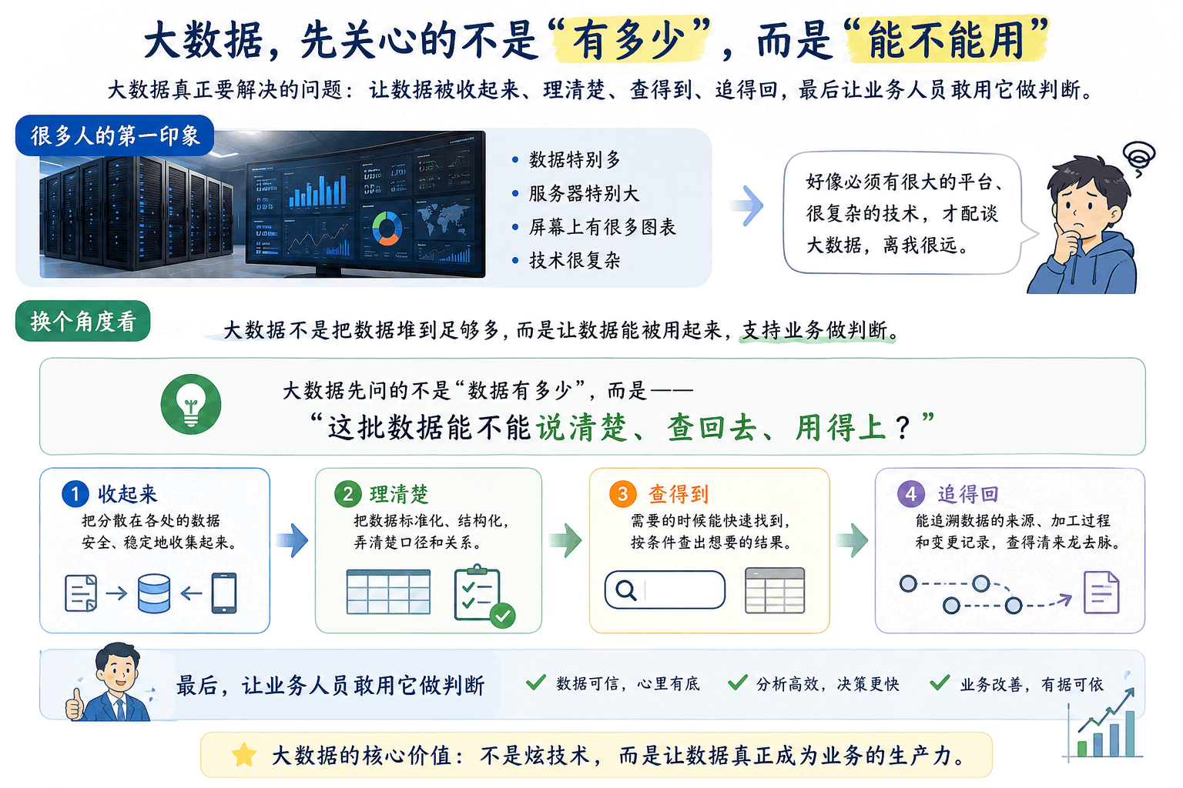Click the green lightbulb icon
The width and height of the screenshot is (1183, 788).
(x=191, y=404)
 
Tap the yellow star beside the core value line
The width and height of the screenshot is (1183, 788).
(x=244, y=755)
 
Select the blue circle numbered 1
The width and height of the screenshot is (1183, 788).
(x=75, y=494)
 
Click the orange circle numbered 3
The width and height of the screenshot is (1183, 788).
(x=622, y=494)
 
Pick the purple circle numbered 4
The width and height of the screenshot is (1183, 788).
(x=911, y=494)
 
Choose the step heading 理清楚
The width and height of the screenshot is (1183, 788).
(x=399, y=495)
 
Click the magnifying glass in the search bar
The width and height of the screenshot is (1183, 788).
(x=626, y=590)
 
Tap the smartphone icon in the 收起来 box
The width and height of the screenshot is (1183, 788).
(x=224, y=593)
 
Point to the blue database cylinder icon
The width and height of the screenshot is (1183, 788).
(x=154, y=594)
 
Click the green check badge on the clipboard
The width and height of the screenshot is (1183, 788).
(x=502, y=616)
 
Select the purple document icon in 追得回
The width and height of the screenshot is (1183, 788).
(x=1101, y=593)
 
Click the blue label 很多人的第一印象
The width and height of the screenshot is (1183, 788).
(x=115, y=135)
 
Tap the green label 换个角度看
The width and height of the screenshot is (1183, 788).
(x=83, y=321)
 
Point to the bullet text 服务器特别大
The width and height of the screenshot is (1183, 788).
(x=584, y=194)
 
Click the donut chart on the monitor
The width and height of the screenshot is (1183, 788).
(x=387, y=228)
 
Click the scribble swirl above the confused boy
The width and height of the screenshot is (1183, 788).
(x=1139, y=158)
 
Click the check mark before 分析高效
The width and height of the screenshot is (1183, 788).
(x=737, y=683)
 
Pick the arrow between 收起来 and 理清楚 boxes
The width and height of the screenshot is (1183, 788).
(x=293, y=540)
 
